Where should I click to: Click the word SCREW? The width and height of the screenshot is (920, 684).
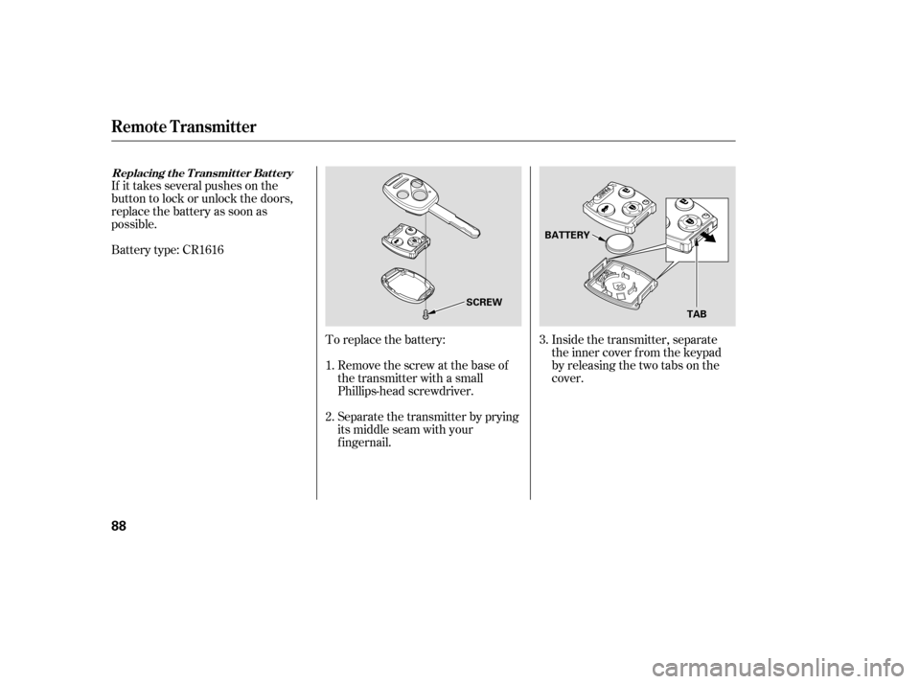tap(484, 302)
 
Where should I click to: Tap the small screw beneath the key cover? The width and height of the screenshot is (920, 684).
tap(424, 313)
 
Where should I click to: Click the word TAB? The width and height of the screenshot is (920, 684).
tap(697, 313)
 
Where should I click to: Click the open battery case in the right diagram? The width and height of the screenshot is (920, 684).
tap(621, 285)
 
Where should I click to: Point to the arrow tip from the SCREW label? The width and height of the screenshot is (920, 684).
tap(432, 309)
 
